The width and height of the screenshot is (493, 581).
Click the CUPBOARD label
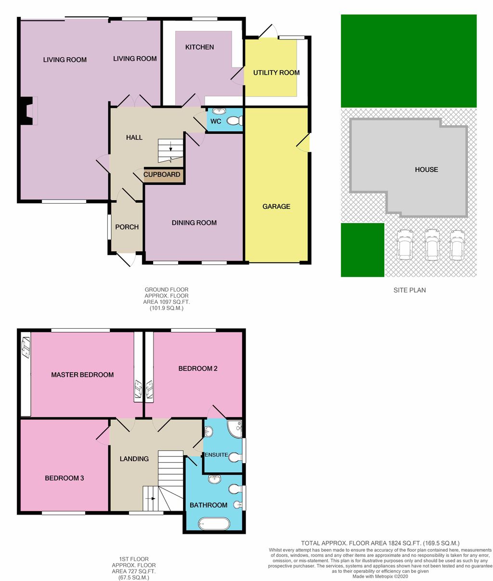[162, 175]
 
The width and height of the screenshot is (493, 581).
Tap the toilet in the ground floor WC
[236, 121]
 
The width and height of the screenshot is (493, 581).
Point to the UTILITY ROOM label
[276, 73]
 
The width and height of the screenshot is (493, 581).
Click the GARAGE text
[276, 207]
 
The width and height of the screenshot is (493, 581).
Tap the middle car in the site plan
[433, 244]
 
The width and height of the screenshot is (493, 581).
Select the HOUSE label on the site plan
[427, 169]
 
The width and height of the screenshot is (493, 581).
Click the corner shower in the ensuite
[236, 428]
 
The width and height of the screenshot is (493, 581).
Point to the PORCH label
[127, 227]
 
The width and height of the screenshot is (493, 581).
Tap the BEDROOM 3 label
[65, 478]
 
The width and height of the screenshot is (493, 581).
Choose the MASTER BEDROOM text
[82, 374]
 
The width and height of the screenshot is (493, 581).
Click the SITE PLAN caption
[409, 290]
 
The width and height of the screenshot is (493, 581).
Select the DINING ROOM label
[194, 223]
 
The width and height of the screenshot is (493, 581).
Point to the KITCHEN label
[199, 47]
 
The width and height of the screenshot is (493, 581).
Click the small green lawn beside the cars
[362, 250]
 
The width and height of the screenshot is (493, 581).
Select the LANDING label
[134, 459]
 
